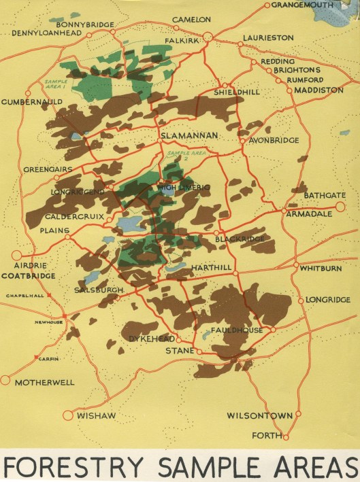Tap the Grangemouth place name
(302, 5)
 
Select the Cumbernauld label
(31, 102)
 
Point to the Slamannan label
(189, 136)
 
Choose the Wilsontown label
(259, 415)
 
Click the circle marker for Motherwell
(6, 381)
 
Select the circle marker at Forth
(287, 436)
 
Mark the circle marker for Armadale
(284, 211)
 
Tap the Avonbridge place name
(276, 141)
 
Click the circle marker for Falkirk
(208, 36)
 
